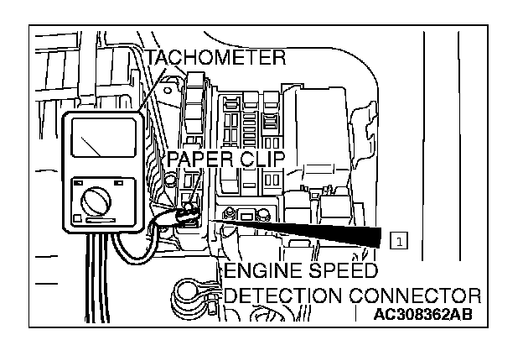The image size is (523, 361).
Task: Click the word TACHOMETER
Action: click(215, 57)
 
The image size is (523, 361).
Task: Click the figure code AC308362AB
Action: click(425, 316)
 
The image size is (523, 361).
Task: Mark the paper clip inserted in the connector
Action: click(189, 214)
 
